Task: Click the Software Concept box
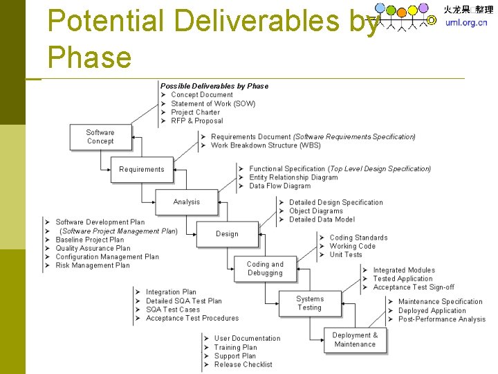click(x=100, y=137)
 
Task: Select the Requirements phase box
click(x=141, y=170)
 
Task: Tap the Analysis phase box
click(x=186, y=202)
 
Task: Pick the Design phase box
click(x=227, y=234)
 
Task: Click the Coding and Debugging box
click(x=266, y=269)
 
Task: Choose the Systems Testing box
click(x=309, y=303)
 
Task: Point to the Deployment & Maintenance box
click(x=356, y=339)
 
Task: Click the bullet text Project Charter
click(x=195, y=112)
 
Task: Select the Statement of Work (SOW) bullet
click(x=213, y=104)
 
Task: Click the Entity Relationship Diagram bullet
click(x=293, y=177)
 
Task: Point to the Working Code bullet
click(x=352, y=246)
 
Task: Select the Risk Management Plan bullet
click(x=93, y=265)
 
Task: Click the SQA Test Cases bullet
click(x=172, y=310)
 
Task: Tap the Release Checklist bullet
click(x=243, y=364)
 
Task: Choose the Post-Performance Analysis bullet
click(x=442, y=319)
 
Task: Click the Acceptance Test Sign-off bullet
click(x=414, y=287)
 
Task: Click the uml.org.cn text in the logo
click(x=466, y=22)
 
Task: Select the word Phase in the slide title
click(x=89, y=56)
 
